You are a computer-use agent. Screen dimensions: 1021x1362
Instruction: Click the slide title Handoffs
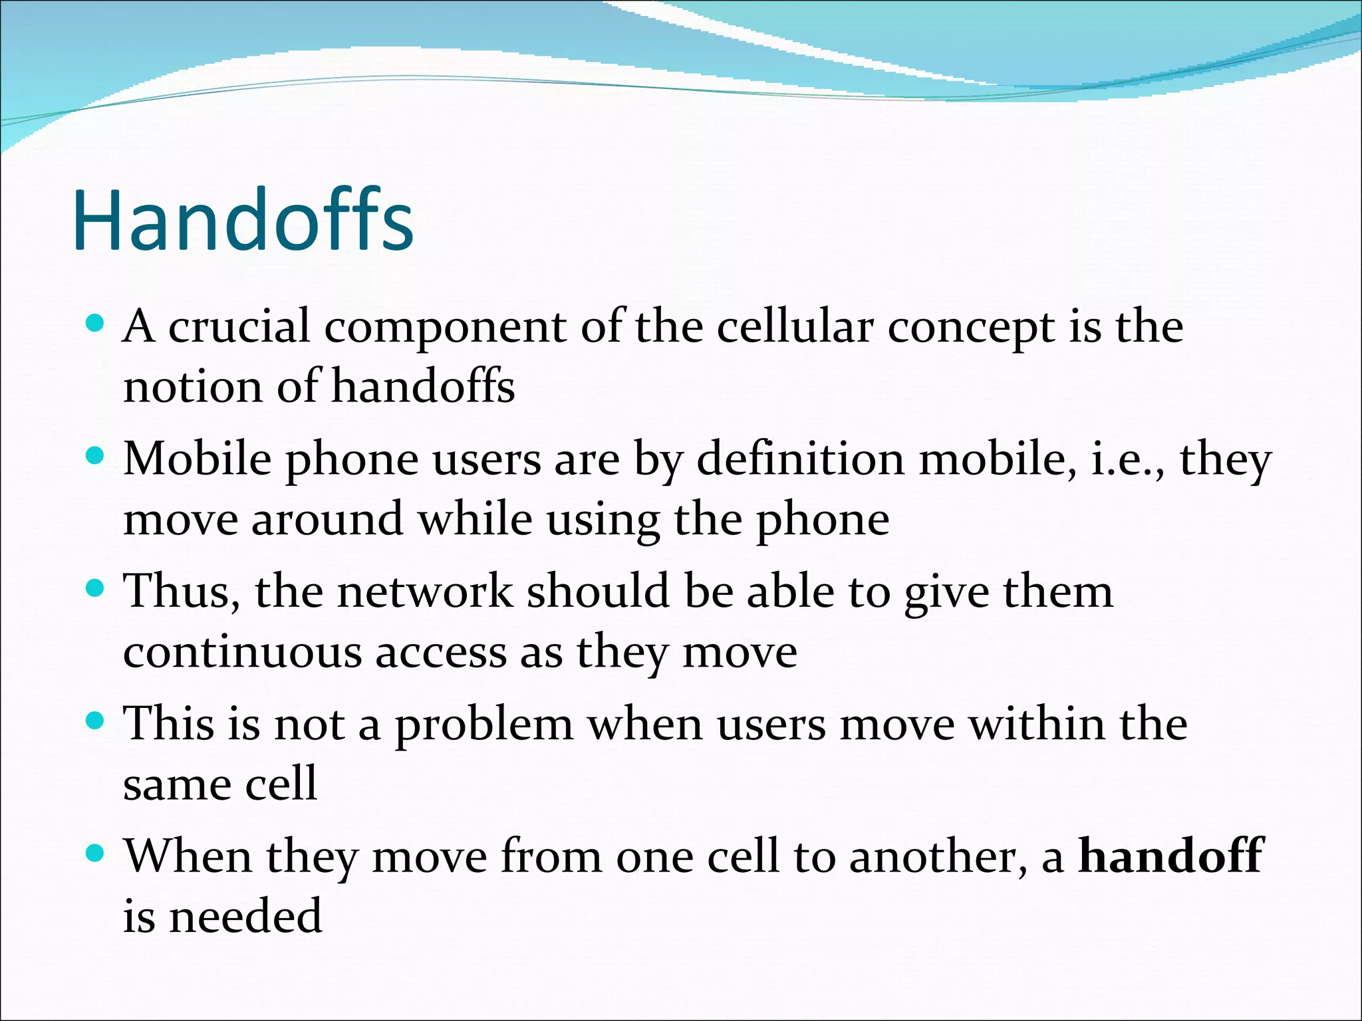(243, 221)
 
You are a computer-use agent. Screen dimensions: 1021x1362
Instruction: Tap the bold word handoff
(1169, 855)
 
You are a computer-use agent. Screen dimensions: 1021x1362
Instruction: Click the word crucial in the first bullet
(239, 326)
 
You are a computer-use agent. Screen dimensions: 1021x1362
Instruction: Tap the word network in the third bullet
(425, 591)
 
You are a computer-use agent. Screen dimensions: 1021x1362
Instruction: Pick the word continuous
(242, 653)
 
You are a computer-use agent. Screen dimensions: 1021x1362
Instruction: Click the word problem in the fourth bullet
(483, 725)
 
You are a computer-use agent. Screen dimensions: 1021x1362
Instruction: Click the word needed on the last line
(245, 916)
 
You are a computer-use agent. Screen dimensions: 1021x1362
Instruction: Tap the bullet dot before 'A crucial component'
(96, 324)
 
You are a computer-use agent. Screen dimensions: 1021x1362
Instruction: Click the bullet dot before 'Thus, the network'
(96, 588)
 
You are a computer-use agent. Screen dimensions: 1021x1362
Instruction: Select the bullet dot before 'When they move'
(96, 853)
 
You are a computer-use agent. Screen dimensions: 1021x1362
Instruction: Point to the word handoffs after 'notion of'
(423, 386)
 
